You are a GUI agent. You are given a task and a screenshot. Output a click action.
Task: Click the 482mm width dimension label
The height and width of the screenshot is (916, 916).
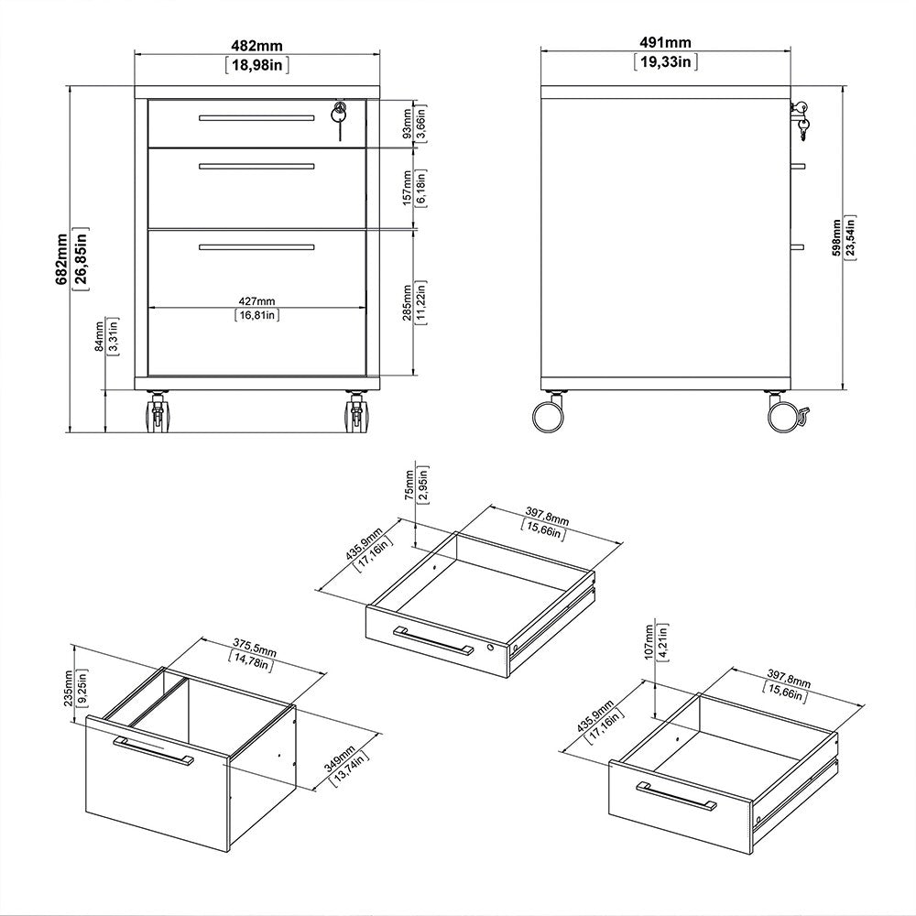(256, 42)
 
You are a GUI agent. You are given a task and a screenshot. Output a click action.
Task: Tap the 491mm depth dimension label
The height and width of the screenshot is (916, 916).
(665, 42)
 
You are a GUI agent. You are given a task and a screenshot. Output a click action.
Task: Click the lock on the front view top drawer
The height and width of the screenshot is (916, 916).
(340, 113)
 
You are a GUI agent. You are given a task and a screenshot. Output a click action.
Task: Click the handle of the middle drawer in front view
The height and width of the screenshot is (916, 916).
(256, 166)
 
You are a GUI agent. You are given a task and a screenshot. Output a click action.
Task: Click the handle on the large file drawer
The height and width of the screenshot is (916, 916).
(153, 749)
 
